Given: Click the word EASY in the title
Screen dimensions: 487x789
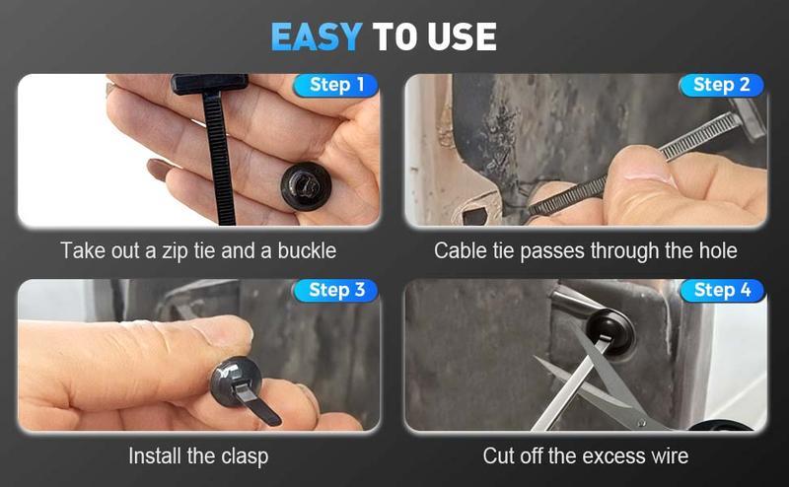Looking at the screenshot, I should point(317,37).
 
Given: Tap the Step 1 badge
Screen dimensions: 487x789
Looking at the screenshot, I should point(336,85).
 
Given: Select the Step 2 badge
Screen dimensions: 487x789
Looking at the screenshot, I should point(721,85).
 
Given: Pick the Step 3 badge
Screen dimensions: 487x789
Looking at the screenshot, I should point(336,290).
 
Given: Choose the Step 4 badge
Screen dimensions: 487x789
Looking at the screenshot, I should point(721,290).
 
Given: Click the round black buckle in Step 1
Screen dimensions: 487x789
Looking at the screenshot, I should point(305,185).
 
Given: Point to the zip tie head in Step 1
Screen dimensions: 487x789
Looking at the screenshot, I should point(208,84).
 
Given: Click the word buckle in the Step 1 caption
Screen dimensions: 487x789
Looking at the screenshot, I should point(304,250).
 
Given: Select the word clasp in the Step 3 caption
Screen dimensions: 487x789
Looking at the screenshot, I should point(243,456).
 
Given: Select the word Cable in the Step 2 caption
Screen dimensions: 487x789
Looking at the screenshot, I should point(460,250).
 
